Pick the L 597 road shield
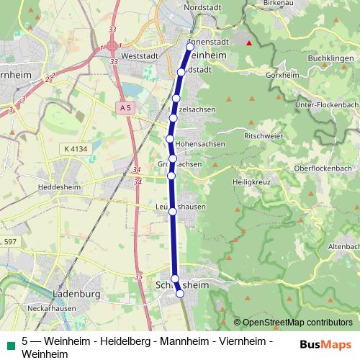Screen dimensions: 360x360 8,240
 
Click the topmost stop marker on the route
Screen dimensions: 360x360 190,47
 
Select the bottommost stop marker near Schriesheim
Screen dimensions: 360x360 180,293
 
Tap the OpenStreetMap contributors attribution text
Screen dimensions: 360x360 297,323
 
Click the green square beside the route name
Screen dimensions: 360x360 9,341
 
